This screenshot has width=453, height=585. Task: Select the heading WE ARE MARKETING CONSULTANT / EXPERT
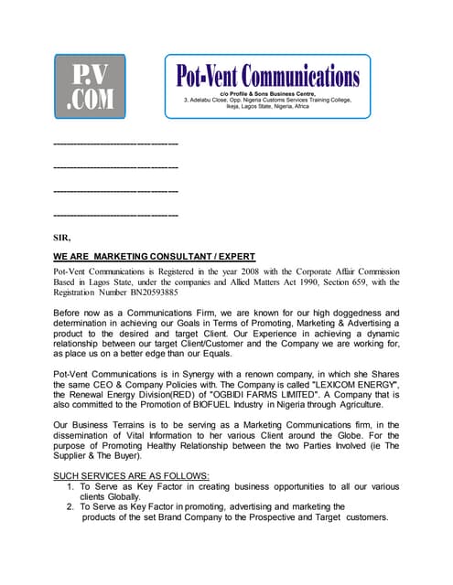pos(154,256)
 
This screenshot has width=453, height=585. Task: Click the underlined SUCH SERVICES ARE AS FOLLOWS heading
pos(131,476)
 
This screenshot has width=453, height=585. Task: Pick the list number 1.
pos(70,487)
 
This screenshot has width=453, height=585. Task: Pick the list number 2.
pos(70,506)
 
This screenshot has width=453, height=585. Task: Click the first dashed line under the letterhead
pos(115,144)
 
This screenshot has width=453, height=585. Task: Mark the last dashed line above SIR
pos(115,215)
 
